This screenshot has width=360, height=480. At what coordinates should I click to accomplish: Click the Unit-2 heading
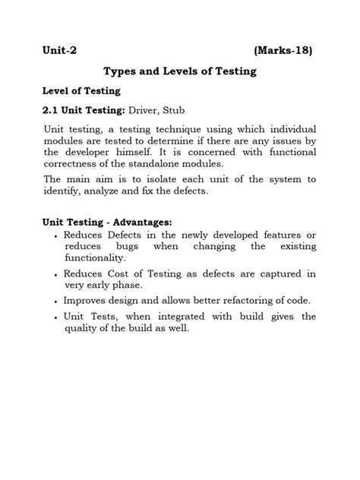click(x=60, y=51)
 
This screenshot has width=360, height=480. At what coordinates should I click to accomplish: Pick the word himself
click(x=140, y=153)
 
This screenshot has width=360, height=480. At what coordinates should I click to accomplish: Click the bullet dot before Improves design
click(x=58, y=301)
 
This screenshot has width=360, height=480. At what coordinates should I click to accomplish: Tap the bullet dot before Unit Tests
click(x=58, y=317)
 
